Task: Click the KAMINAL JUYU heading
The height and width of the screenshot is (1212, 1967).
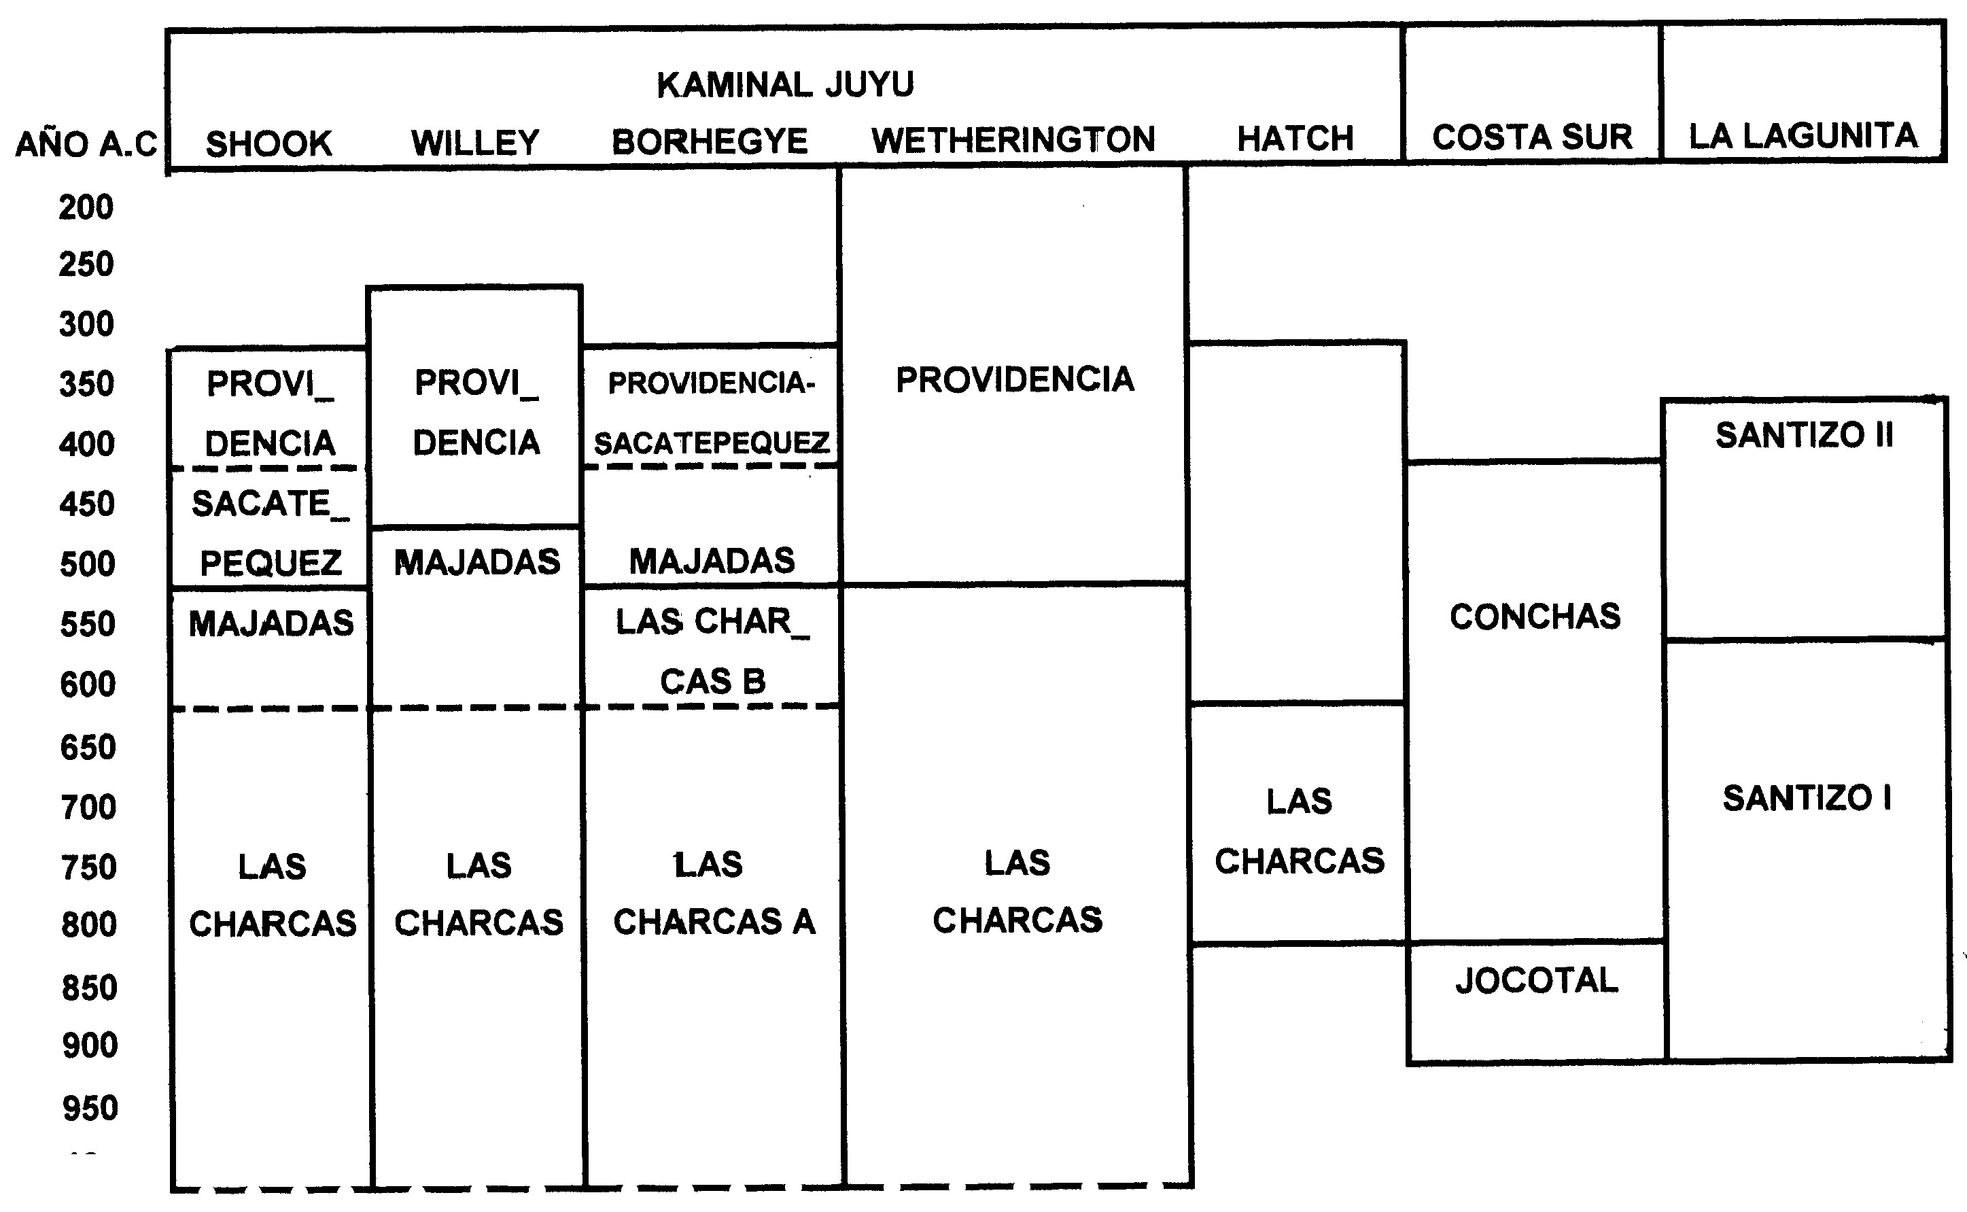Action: pyautogui.click(x=785, y=85)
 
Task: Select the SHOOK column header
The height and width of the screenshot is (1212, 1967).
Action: pyautogui.click(x=268, y=144)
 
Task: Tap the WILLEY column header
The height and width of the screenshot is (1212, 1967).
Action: pyautogui.click(x=475, y=143)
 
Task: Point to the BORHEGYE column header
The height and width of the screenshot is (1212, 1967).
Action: pyautogui.click(x=710, y=142)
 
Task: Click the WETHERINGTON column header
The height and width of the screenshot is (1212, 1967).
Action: pyautogui.click(x=1013, y=140)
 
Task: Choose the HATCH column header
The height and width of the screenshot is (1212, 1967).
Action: pyautogui.click(x=1295, y=139)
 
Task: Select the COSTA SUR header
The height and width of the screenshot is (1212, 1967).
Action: pyautogui.click(x=1532, y=137)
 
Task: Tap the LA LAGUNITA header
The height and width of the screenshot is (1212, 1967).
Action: pyautogui.click(x=1803, y=136)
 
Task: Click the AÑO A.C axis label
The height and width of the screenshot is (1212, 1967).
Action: pyautogui.click(x=86, y=145)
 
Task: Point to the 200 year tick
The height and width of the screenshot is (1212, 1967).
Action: pyautogui.click(x=86, y=207)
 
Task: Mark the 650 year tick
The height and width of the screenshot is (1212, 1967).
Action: pyautogui.click(x=88, y=747)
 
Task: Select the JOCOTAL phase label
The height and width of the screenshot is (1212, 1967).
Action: pyautogui.click(x=1537, y=980)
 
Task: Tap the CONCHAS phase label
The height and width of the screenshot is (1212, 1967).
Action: pyautogui.click(x=1535, y=617)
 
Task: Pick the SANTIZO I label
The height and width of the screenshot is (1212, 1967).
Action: pyautogui.click(x=1807, y=797)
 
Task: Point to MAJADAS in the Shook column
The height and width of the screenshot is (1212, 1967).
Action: pyautogui.click(x=271, y=623)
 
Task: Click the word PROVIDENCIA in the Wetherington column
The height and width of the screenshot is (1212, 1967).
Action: pyautogui.click(x=1015, y=380)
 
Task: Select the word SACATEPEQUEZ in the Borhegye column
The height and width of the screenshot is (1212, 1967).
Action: pyautogui.click(x=711, y=443)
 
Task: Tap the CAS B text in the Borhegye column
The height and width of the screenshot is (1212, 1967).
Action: pyautogui.click(x=712, y=681)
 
